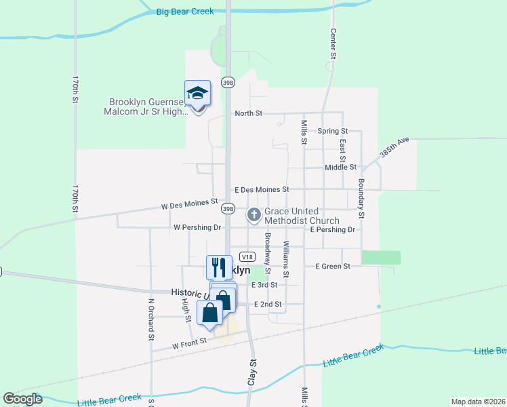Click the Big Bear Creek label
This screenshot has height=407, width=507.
[184, 12]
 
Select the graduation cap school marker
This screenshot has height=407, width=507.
[198, 94]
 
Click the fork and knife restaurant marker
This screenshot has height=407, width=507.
[219, 267]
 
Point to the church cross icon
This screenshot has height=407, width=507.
[254, 216]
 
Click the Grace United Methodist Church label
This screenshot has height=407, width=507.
[302, 216]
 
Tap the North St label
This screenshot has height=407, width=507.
[248, 113]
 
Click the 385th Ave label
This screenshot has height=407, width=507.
[394, 147]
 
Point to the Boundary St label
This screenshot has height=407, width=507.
[361, 198]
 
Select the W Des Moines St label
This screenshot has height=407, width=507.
[189, 202]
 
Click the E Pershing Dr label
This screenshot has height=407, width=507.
[332, 230]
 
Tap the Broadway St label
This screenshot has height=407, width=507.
[268, 253]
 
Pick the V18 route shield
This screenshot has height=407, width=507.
[247, 256]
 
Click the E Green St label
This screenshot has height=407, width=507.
[333, 267]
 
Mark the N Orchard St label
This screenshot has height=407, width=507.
[151, 318]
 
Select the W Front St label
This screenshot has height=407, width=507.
[188, 345]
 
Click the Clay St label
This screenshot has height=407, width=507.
[252, 372]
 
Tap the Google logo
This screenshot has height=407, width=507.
[22, 399]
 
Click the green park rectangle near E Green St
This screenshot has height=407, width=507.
[381, 258]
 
